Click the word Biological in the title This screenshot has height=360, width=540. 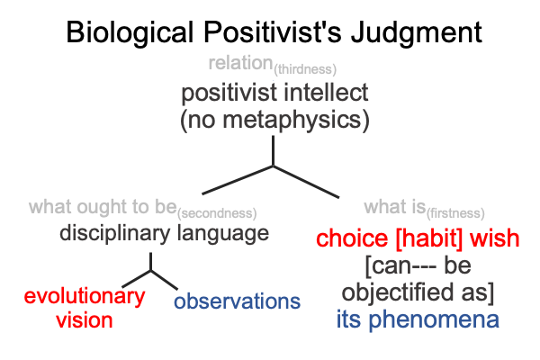point(130,33)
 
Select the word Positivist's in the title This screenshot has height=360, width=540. point(272,32)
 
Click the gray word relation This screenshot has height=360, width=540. point(240,63)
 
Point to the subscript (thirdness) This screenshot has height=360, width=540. point(305,69)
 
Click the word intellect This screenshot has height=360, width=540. point(326,93)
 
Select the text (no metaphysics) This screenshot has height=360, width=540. point(274,120)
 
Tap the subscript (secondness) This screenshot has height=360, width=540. point(217,213)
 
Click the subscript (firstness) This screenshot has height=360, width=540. point(455,213)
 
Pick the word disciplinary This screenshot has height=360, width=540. point(114,234)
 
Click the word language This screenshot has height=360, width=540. point(223,234)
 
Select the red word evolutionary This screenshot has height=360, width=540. point(85,297)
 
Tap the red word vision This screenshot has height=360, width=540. point(85,320)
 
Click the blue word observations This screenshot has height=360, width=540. point(238,301)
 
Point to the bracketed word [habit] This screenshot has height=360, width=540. point(428,238)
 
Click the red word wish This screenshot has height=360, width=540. point(494,238)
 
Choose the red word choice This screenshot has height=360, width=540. point(352,238)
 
